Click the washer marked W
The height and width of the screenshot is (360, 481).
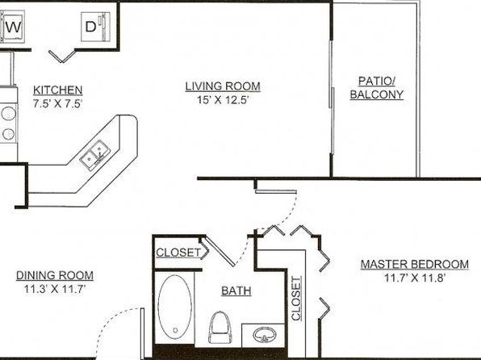point(13,27)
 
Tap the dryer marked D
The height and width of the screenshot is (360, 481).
point(95,27)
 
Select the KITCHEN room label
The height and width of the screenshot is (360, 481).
point(57,90)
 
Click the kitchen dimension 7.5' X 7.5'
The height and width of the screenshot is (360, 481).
point(57,104)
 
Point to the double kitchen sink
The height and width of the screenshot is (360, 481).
point(95,155)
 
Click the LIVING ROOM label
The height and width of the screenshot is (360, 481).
point(223,86)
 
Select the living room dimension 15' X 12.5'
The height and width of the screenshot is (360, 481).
point(223,100)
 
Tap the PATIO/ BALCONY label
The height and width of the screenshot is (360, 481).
point(377,88)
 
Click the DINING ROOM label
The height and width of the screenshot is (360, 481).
point(55,275)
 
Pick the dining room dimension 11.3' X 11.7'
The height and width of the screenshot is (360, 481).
point(55,289)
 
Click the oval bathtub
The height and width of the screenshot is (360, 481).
point(175,307)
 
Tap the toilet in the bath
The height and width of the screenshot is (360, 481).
point(220,327)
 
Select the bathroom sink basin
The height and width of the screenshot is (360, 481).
point(264,335)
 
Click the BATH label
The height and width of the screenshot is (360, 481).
point(236,291)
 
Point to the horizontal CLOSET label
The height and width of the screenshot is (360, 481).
point(178,253)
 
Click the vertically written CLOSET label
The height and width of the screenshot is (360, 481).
point(296,299)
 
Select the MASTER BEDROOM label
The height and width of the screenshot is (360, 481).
point(415,264)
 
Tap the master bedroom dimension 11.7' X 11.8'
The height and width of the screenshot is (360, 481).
point(415,278)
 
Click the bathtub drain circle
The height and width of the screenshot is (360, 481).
point(175,330)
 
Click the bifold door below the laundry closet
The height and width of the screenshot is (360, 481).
point(62,56)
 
